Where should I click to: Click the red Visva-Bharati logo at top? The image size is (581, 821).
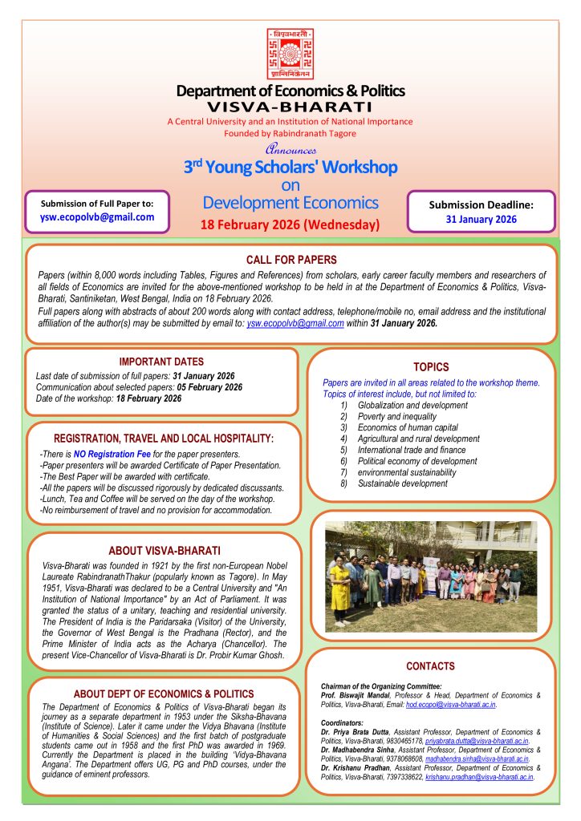click(290, 54)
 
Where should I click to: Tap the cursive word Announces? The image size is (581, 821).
click(290, 149)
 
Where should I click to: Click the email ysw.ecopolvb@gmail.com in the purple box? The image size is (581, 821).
click(97, 216)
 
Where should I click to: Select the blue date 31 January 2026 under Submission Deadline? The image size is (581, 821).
click(481, 220)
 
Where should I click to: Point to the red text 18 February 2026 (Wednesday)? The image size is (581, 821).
click(290, 224)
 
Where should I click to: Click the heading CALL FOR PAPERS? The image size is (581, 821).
click(291, 260)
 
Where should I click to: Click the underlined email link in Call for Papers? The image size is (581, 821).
click(295, 324)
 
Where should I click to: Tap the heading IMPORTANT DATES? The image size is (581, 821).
click(161, 362)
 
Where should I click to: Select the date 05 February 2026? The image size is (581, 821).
click(209, 387)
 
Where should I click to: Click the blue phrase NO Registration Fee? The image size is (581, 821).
click(112, 454)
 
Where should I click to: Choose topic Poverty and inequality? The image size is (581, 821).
click(397, 416)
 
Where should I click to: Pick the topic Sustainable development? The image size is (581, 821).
click(402, 483)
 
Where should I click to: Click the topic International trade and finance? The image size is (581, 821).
click(412, 450)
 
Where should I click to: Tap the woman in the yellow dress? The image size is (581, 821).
click(340, 591)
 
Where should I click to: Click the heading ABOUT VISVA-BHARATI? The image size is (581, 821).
click(165, 551)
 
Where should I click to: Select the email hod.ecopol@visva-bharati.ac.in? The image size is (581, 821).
click(450, 705)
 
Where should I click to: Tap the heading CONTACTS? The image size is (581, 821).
click(430, 666)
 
